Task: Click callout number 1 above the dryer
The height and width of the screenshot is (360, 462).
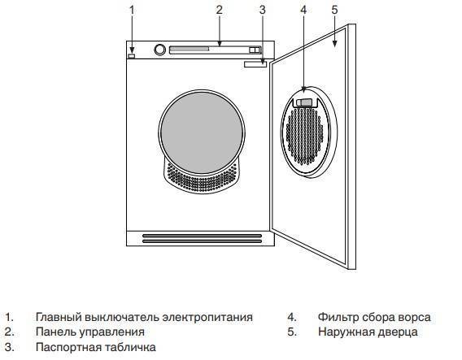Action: click(x=132, y=11)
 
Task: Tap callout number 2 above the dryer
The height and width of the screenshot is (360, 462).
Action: click(x=220, y=11)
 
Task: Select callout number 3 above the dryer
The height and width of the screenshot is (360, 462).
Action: click(x=263, y=11)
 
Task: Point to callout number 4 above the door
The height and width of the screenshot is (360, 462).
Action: click(x=303, y=11)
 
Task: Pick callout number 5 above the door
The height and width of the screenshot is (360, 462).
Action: click(x=334, y=11)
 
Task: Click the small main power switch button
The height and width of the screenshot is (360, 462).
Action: click(x=132, y=55)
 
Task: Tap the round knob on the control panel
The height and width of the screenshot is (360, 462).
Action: click(x=160, y=50)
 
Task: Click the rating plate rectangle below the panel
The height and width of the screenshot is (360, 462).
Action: click(x=255, y=64)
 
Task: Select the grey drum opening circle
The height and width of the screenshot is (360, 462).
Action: click(x=202, y=132)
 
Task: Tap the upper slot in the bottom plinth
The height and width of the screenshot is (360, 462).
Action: click(x=202, y=236)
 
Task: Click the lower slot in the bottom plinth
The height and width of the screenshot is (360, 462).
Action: click(x=202, y=241)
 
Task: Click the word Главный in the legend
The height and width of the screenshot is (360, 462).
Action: click(x=59, y=318)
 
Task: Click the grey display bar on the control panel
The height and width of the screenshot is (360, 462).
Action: click(x=190, y=49)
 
